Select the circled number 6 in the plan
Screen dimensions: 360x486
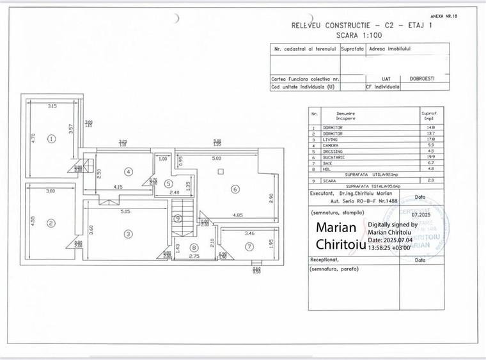pyautogui.click(x=235, y=189)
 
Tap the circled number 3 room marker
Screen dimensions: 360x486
pyautogui.click(x=129, y=234)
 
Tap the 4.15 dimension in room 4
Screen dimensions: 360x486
pyautogui.click(x=118, y=186)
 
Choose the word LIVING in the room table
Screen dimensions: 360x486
pyautogui.click(x=330, y=139)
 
